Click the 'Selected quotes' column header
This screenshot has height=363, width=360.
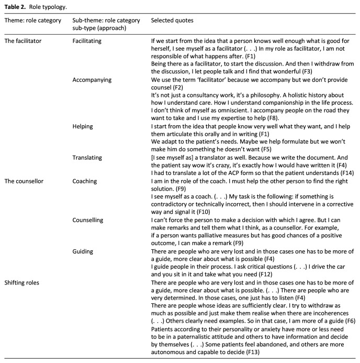tap(171, 20)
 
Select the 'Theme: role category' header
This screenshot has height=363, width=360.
tap(33, 20)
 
